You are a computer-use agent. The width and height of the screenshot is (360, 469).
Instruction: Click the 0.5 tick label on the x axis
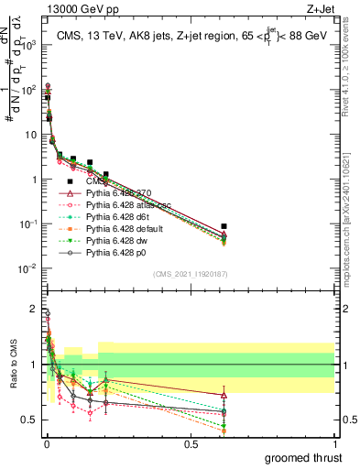pyautogui.click(x=191, y=442)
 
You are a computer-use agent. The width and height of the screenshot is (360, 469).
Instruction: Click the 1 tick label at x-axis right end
pyautogui.click(x=334, y=442)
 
